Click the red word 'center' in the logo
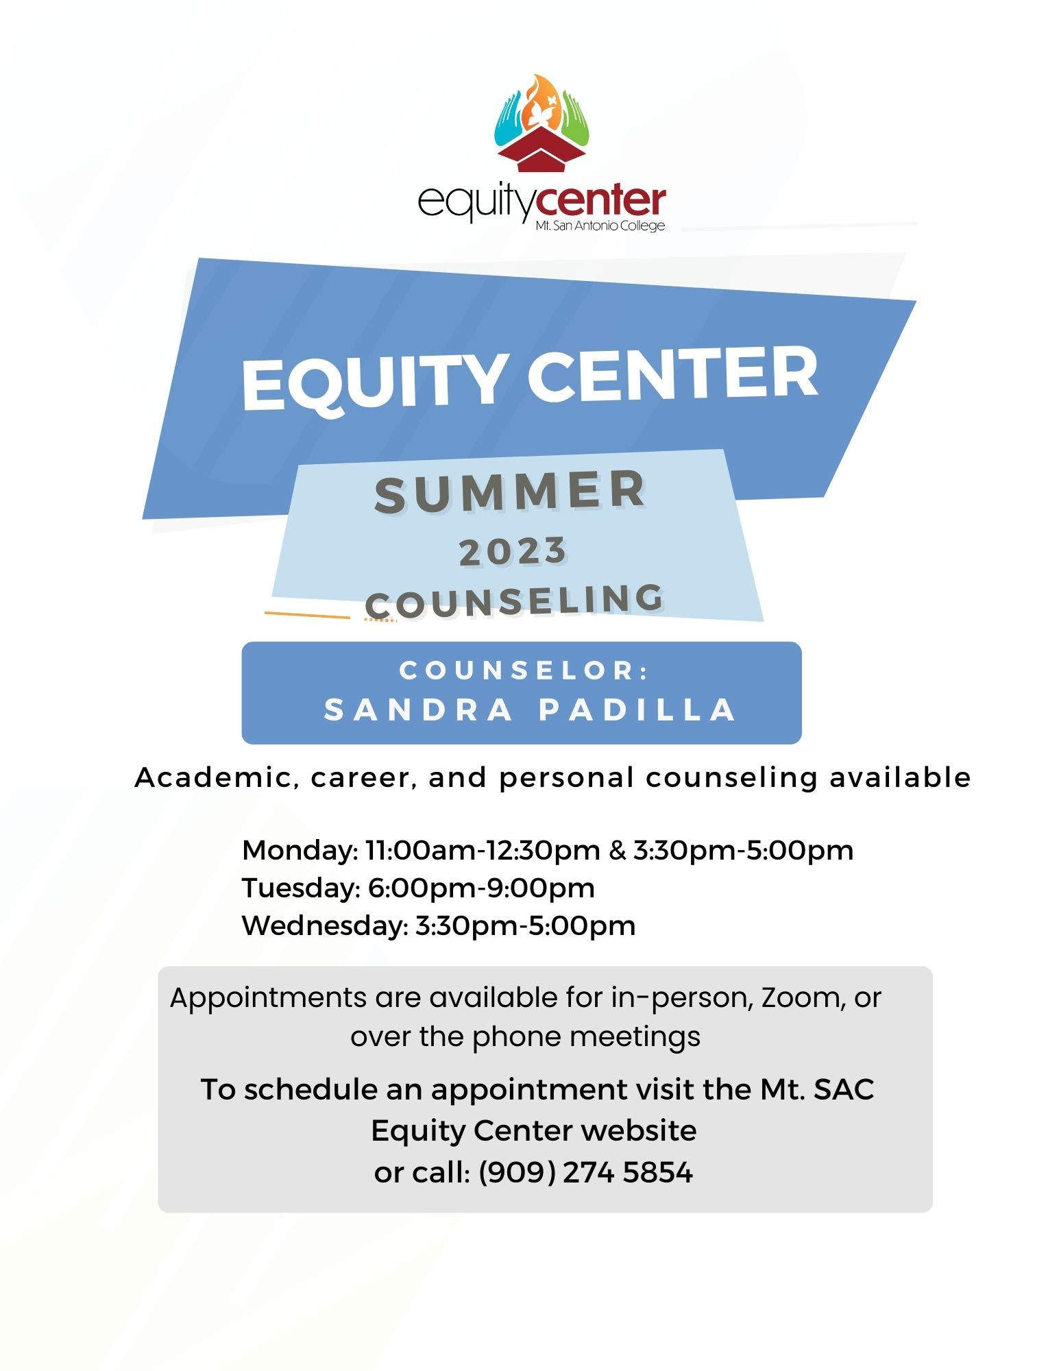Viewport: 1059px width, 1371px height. (x=600, y=201)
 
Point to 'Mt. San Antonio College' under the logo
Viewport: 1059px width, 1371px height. (x=600, y=226)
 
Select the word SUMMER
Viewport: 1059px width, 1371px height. (x=510, y=492)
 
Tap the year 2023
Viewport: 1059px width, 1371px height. (x=513, y=552)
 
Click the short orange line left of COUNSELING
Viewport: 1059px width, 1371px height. (x=307, y=615)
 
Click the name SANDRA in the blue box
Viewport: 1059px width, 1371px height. (x=418, y=710)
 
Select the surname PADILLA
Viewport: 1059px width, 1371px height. (x=637, y=710)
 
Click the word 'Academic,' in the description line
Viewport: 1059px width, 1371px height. (x=217, y=778)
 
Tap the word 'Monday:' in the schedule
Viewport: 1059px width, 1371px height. (x=300, y=851)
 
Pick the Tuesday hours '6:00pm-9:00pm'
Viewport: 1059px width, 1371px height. (x=481, y=888)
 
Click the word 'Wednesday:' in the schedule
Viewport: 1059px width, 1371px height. (x=326, y=926)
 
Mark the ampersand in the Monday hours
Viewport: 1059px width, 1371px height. (x=618, y=851)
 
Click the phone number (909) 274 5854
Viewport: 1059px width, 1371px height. (x=585, y=1173)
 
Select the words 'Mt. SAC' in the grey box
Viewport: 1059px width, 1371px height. (x=817, y=1090)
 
